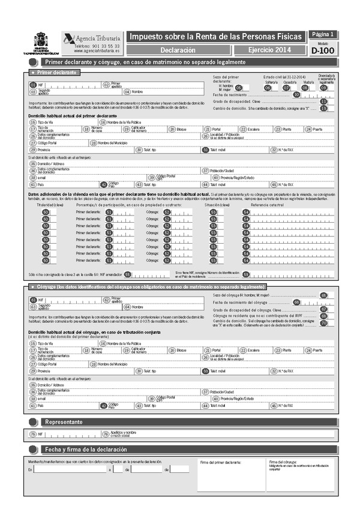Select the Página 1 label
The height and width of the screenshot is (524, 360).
click(x=323, y=35)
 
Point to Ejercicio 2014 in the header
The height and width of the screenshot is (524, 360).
click(x=268, y=50)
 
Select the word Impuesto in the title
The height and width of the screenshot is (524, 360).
click(x=147, y=37)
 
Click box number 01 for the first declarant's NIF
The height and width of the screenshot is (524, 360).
click(x=33, y=85)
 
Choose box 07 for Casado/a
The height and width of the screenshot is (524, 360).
click(x=286, y=88)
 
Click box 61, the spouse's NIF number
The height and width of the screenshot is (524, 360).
click(x=33, y=299)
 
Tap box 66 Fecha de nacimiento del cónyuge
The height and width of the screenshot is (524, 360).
click(x=296, y=302)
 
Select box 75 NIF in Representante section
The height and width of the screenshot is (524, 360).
click(x=33, y=433)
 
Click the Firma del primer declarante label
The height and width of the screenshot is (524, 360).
click(x=220, y=462)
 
